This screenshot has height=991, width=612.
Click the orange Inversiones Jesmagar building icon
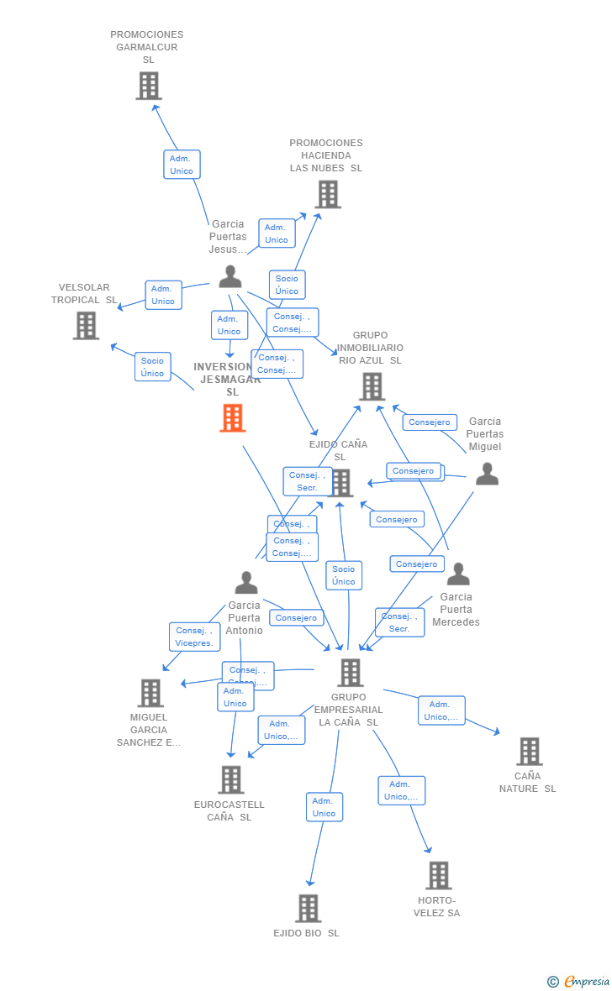(x=233, y=417)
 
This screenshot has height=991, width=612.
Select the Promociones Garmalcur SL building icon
(x=149, y=86)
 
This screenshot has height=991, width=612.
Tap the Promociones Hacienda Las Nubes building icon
(x=328, y=194)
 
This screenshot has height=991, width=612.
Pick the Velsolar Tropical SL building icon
(x=86, y=325)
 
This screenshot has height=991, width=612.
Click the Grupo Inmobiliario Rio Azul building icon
(x=372, y=386)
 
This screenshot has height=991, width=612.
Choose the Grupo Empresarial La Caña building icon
(x=350, y=672)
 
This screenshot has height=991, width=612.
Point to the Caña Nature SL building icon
(x=529, y=751)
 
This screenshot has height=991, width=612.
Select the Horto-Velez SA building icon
(x=438, y=875)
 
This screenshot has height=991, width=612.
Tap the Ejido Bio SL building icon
(x=308, y=908)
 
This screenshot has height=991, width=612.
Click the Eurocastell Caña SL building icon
(x=230, y=779)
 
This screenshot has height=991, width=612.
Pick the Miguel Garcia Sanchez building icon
(x=150, y=693)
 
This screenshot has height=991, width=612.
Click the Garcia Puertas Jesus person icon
(x=229, y=276)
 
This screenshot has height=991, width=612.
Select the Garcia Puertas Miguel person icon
(x=487, y=475)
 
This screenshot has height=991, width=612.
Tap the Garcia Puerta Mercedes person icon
(x=458, y=574)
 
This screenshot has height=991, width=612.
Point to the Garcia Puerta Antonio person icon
(x=245, y=582)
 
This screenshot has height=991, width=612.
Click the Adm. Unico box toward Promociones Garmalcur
(x=182, y=165)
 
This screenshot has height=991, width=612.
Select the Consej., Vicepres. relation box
(x=194, y=637)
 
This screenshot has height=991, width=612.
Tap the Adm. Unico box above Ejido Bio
(x=324, y=807)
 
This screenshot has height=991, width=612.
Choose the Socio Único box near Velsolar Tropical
(x=153, y=367)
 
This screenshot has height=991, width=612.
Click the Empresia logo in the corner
(x=580, y=981)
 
